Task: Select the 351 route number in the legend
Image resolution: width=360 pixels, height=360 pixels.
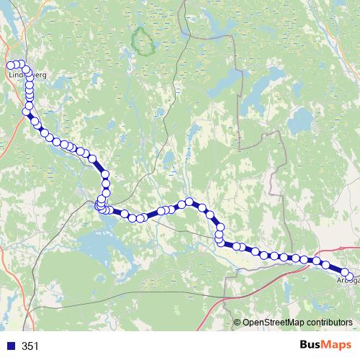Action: point(30,346)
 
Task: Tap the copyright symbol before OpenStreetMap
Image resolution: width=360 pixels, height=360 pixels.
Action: point(238,323)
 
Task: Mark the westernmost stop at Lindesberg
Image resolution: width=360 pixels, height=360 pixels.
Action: point(10,66)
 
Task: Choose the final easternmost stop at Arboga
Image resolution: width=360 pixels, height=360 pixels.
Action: point(350,276)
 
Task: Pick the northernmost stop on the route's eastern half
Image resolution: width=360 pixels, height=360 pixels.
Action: point(189,202)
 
